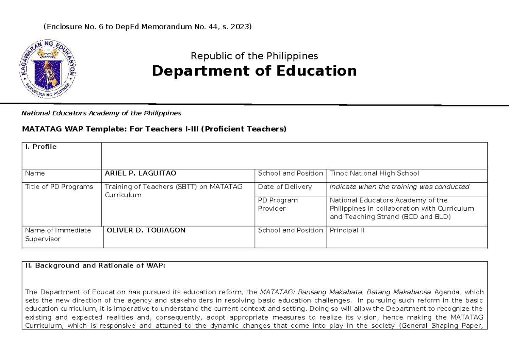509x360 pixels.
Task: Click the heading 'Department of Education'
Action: (x=254, y=71)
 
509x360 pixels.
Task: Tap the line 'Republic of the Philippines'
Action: (x=254, y=56)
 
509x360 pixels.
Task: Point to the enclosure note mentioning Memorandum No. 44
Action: (x=148, y=27)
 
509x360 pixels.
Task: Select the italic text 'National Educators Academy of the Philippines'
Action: (x=102, y=113)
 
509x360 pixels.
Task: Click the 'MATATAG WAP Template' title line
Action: (x=154, y=129)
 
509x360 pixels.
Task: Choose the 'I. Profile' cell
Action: (x=41, y=147)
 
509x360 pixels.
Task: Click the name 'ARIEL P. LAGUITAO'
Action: (x=140, y=173)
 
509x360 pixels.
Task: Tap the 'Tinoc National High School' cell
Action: (x=374, y=173)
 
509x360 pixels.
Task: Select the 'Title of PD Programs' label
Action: (x=59, y=187)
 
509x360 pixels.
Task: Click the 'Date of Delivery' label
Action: (x=285, y=187)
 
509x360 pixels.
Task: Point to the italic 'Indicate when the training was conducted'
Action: (x=399, y=187)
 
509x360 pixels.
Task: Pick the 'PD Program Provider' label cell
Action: (x=278, y=204)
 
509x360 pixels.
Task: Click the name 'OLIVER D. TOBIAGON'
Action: (x=146, y=230)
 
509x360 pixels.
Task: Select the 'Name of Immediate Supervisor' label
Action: (x=58, y=234)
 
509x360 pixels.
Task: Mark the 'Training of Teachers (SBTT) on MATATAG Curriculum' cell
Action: (x=173, y=191)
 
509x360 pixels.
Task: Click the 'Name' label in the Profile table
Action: (x=35, y=173)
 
